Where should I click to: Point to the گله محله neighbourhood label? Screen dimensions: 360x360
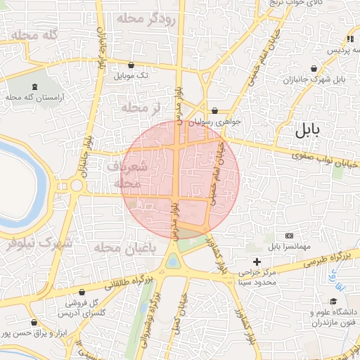coord(30,35)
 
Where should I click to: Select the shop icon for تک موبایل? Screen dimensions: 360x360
coord(131,65)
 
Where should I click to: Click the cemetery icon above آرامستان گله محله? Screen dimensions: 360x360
coord(34,87)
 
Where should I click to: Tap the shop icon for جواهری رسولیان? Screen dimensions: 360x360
coord(214,110)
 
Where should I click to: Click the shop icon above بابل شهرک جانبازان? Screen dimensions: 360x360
coord(313,69)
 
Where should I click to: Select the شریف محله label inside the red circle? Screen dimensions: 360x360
coord(127,174)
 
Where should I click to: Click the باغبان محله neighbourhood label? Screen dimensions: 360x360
coord(114,247)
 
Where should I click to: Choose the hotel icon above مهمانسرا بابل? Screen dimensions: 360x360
coord(288,236)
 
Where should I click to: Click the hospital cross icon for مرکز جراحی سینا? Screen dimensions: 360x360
coord(257,262)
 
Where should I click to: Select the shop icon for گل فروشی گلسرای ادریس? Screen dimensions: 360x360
coord(82,292)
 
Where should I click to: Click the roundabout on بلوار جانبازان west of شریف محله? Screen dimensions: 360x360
coord(76,185)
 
